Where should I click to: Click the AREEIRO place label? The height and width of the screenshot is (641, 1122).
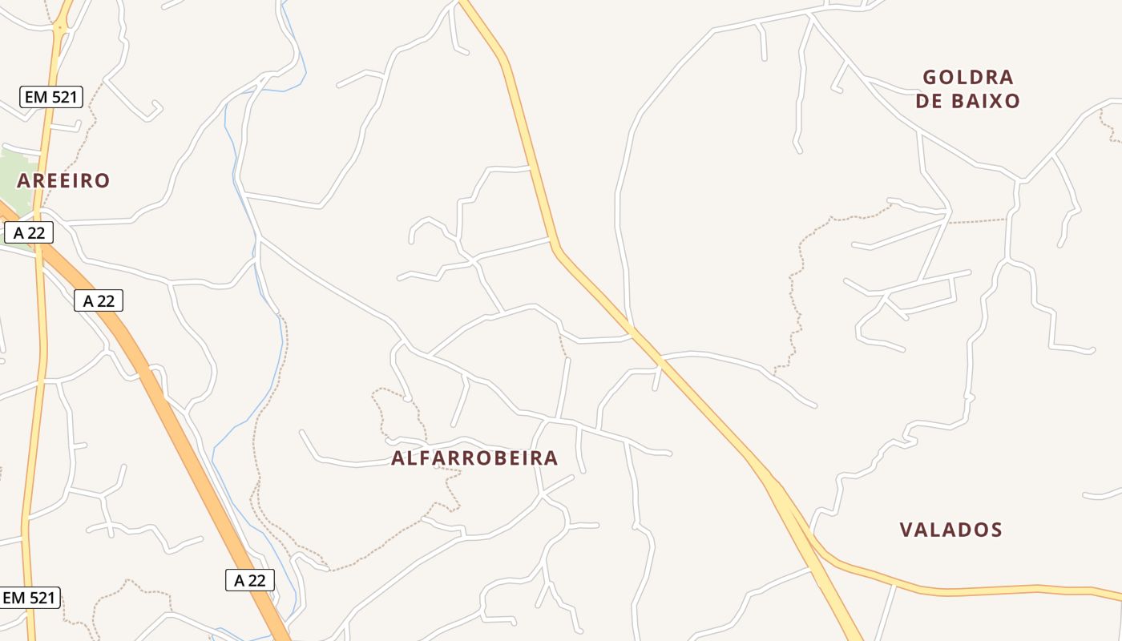pos(63,180)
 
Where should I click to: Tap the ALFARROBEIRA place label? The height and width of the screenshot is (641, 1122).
pos(474,458)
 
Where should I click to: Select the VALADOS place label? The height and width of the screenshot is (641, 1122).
pos(950,530)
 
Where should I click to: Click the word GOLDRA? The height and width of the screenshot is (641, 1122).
pos(968,78)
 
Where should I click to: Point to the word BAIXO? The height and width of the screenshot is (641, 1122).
pos(985,101)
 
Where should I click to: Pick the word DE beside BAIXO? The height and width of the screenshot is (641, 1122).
pos(929,101)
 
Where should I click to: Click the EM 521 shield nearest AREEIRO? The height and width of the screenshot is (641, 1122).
pos(51,98)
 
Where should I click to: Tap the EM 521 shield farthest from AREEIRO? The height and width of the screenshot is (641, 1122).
pos(30,598)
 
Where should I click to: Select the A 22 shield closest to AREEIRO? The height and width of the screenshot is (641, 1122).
pos(29,233)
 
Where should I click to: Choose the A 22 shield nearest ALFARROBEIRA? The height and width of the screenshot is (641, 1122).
pos(250,580)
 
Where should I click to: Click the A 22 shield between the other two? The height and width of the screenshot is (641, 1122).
pos(99,300)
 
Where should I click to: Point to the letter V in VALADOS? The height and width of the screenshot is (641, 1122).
pos(906,530)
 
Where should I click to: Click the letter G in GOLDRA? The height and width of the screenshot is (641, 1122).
pos(930,78)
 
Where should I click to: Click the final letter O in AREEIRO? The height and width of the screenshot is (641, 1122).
pos(103,180)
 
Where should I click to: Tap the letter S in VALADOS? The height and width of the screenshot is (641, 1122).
pos(996,530)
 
